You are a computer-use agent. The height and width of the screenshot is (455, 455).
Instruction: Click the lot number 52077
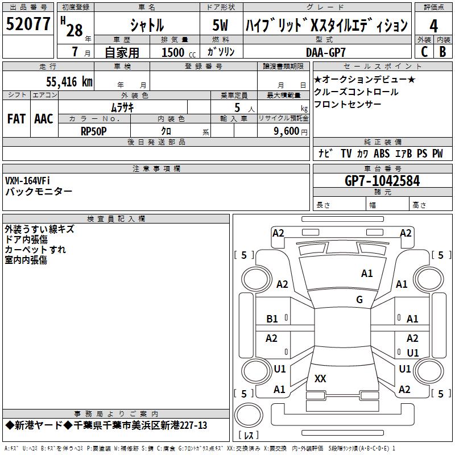(28, 24)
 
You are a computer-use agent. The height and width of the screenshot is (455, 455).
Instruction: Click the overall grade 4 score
(433, 26)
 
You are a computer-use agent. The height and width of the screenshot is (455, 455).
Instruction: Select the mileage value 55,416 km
(69, 81)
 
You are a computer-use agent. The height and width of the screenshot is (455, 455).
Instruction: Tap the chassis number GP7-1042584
(382, 181)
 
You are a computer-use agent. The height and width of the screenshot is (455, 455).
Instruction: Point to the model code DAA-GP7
(325, 52)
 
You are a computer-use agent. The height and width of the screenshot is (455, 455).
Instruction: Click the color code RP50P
(93, 131)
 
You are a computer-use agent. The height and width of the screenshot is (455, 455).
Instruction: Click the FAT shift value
(16, 119)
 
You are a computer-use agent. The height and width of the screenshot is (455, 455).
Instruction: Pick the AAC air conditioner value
(44, 119)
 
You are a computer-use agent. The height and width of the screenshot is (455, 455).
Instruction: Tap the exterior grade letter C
(424, 52)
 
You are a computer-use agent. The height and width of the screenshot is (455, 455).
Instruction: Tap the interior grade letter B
(443, 52)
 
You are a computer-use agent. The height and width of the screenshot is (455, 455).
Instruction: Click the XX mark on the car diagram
(320, 378)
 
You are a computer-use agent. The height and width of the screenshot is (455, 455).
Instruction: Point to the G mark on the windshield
(359, 299)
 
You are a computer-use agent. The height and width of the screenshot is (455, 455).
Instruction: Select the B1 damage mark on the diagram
(272, 319)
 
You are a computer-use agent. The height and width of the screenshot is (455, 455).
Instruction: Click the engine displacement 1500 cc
(179, 52)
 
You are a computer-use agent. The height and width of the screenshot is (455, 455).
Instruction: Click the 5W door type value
(220, 25)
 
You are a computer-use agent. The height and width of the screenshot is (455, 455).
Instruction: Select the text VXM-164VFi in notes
(27, 181)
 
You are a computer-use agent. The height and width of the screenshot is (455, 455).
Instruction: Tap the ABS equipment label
(382, 154)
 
